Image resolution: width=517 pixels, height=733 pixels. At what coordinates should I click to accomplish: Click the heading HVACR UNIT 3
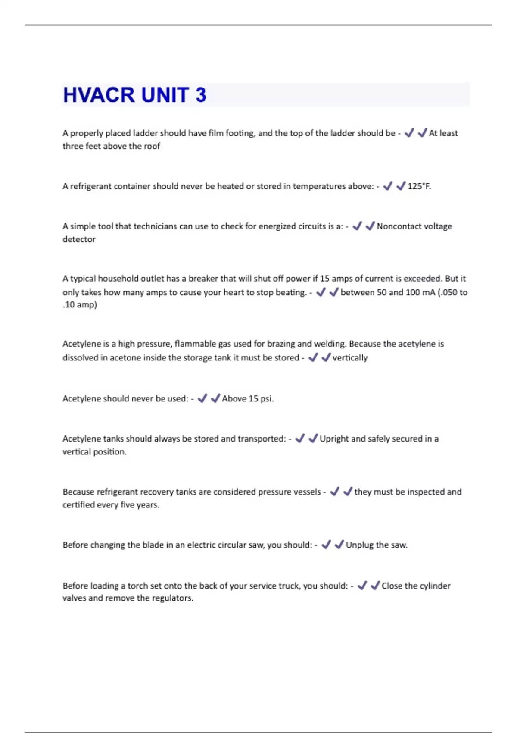(134, 95)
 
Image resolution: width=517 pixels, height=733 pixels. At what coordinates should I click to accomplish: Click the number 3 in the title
(201, 95)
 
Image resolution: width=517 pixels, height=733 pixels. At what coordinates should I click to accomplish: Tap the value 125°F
(419, 186)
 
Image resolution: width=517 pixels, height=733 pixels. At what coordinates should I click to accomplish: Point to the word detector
(79, 239)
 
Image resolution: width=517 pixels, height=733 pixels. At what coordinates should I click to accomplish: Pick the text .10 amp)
(80, 305)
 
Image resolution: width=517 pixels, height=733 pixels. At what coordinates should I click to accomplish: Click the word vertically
(350, 358)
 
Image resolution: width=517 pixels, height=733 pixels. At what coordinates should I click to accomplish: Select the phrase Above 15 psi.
(248, 399)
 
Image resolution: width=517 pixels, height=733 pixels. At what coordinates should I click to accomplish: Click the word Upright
(334, 439)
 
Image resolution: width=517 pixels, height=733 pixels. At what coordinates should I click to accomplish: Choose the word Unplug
(359, 545)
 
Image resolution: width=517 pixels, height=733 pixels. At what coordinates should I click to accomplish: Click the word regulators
(173, 598)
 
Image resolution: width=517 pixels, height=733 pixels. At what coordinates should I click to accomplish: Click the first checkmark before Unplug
(326, 545)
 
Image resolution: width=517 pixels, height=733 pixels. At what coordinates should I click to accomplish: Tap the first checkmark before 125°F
(388, 186)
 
